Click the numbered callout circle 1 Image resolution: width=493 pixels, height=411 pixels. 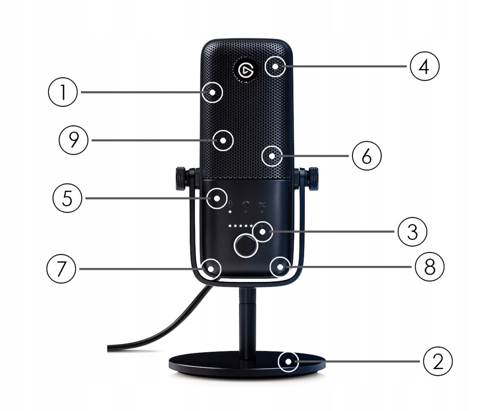(63, 92)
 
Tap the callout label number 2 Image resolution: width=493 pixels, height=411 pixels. (438, 361)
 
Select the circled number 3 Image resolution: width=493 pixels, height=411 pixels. (412, 232)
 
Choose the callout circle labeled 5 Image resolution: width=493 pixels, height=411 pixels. (67, 198)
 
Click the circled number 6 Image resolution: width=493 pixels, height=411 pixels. (366, 156)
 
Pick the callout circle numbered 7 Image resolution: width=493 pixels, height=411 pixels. (61, 268)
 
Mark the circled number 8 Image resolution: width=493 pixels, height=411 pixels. (428, 266)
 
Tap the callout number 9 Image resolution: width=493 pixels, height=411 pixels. (73, 140)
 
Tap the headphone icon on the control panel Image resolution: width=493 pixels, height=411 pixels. (246, 205)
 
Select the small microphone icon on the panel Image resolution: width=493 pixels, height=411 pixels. (231, 204)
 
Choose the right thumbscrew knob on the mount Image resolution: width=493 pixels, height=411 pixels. (313, 178)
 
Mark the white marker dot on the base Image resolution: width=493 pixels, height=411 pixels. (288, 361)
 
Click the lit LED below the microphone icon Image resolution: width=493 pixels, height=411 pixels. (231, 212)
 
